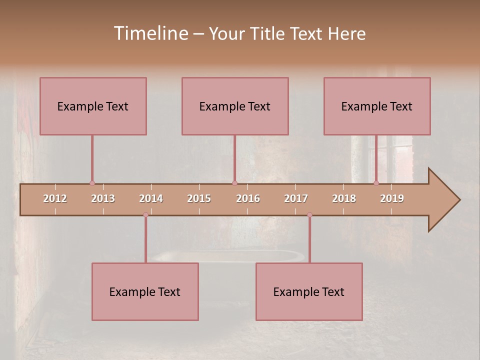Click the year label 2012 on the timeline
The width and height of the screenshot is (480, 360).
pyautogui.click(x=55, y=198)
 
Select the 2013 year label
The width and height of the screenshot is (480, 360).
pyautogui.click(x=103, y=198)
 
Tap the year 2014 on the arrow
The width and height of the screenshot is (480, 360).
pyautogui.click(x=151, y=198)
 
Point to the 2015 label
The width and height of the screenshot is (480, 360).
pyautogui.click(x=199, y=198)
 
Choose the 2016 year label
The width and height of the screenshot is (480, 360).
pyautogui.click(x=248, y=198)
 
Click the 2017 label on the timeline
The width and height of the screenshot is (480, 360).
pyautogui.click(x=296, y=198)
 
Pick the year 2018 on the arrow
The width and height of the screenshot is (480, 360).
pyautogui.click(x=344, y=198)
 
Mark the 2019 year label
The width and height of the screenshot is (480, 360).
pyautogui.click(x=392, y=198)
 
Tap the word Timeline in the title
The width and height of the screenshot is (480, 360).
pyautogui.click(x=150, y=33)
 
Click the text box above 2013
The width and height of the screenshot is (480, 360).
pyautogui.click(x=93, y=106)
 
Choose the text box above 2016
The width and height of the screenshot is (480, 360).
pyautogui.click(x=235, y=106)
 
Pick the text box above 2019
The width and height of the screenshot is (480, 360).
pyautogui.click(x=377, y=106)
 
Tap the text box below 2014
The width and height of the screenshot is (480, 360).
pyautogui.click(x=145, y=291)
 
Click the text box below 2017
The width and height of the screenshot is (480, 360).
pyautogui.click(x=309, y=291)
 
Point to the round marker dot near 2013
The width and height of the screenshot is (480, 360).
pyautogui.click(x=92, y=183)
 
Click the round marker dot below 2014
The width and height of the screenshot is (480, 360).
pyautogui.click(x=145, y=215)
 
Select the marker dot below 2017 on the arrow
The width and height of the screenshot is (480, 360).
pyautogui.click(x=309, y=215)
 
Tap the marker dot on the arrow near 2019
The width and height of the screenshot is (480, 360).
pyautogui.click(x=376, y=183)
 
